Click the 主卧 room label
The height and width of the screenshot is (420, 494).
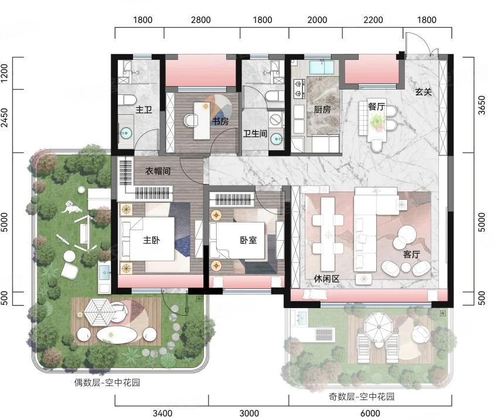click(x=151, y=240)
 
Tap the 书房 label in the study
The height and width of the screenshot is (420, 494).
click(x=220, y=121)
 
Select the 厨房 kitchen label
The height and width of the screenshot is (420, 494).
click(x=322, y=110)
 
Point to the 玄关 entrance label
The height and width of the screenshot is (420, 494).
click(x=423, y=92)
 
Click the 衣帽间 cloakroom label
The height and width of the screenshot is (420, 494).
click(x=158, y=171)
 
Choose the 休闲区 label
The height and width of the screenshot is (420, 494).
click(x=327, y=279)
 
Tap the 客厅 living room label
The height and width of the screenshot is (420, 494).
click(x=411, y=254)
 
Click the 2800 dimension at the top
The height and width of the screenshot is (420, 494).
click(x=200, y=20)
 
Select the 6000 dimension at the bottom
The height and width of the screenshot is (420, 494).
click(x=370, y=413)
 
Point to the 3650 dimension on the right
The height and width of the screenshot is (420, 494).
click(x=482, y=105)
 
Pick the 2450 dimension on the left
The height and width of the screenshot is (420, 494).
click(x=5, y=117)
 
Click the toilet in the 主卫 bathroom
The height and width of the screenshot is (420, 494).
click(x=127, y=100)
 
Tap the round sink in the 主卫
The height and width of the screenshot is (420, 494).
click(x=126, y=133)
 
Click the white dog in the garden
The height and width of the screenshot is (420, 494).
click(x=71, y=207)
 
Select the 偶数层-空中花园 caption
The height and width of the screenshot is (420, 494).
click(x=107, y=383)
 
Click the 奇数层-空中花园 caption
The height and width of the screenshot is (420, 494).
click(x=362, y=397)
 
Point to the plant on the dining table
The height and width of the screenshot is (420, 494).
click(x=377, y=121)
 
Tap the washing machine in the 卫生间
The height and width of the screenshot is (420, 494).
click(x=276, y=120)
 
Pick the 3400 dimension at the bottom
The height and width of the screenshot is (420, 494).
click(x=162, y=413)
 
